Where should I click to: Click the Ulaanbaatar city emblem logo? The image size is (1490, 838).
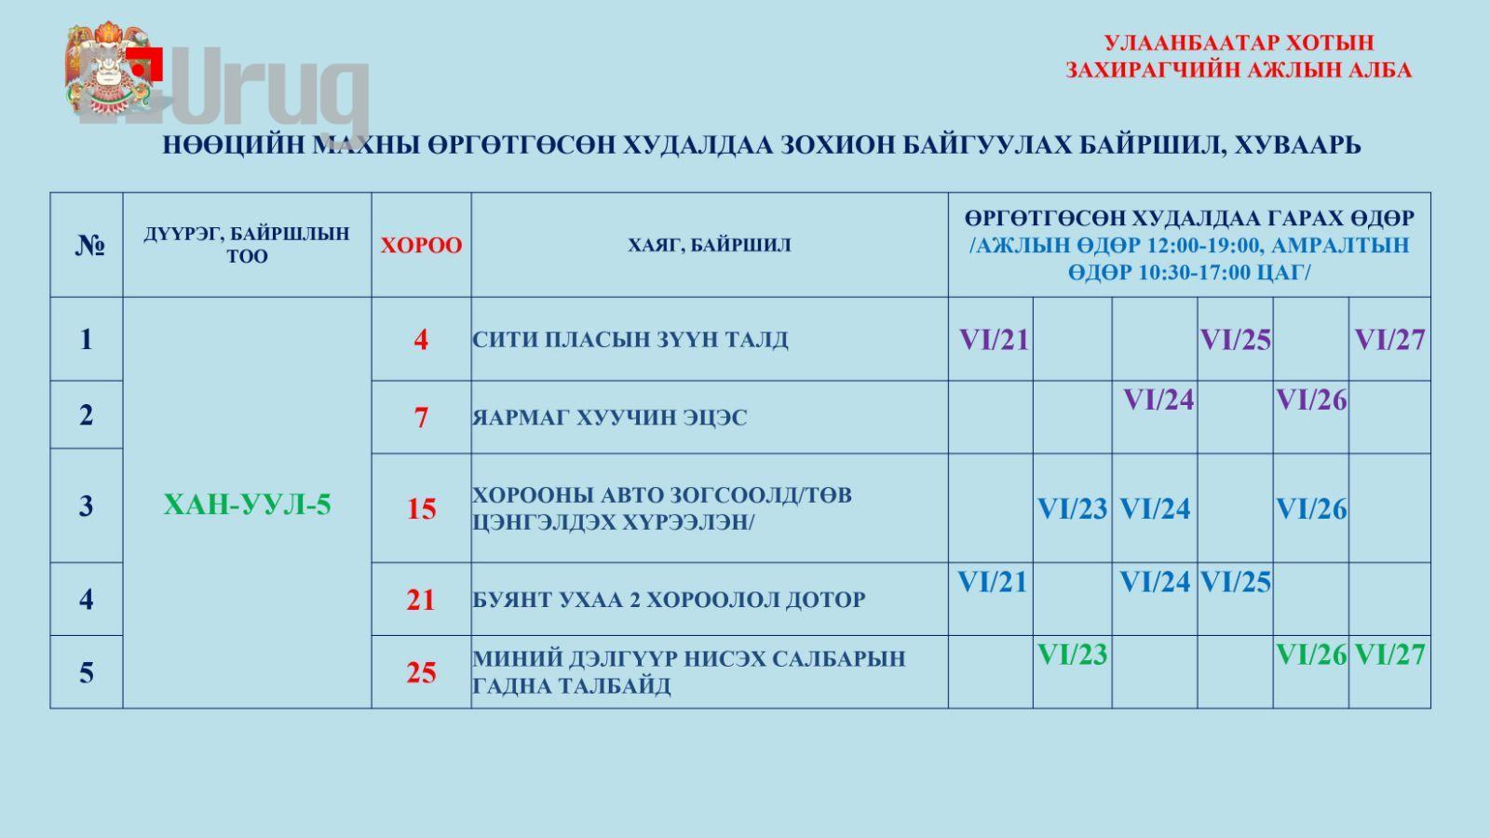(x=107, y=69)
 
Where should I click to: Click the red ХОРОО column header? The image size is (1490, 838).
(x=421, y=246)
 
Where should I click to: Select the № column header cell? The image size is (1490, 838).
(x=89, y=246)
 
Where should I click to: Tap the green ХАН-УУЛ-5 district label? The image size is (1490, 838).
(x=247, y=505)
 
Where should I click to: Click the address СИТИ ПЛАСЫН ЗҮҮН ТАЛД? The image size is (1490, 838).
(x=630, y=340)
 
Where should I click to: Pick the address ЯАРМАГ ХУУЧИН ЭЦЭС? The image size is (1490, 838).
(x=609, y=417)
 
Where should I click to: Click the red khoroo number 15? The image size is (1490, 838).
(x=421, y=508)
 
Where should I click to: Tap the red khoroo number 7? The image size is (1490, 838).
(x=421, y=417)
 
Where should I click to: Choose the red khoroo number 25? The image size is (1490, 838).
(x=421, y=672)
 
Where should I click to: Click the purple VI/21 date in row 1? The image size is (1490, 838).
(x=994, y=340)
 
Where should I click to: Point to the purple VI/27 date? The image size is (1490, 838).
(x=1389, y=340)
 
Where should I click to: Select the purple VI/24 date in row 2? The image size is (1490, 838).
(x=1158, y=400)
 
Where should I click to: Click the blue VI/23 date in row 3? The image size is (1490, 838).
(x=1072, y=508)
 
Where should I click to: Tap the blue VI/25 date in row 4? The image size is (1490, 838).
(x=1235, y=583)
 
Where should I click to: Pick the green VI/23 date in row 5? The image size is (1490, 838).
(x=1072, y=655)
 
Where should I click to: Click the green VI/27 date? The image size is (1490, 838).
(x=1389, y=655)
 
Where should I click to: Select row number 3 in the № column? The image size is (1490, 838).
(x=87, y=507)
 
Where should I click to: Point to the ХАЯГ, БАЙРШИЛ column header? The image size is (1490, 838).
(x=710, y=246)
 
